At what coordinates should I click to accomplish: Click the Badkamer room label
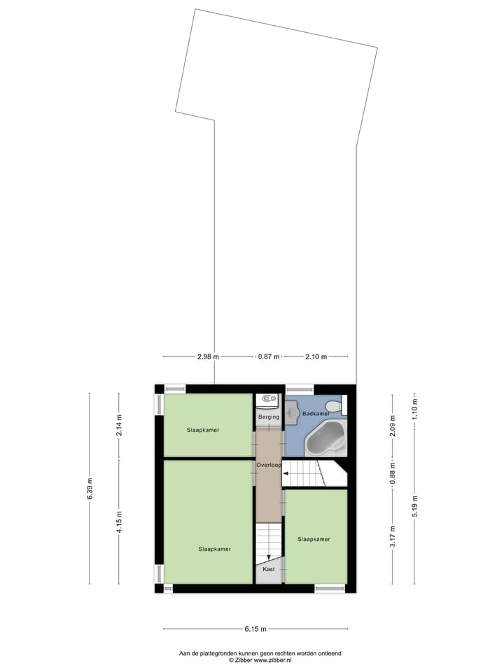(316, 414)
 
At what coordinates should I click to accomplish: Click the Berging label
(268, 417)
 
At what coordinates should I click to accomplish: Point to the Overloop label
(268, 464)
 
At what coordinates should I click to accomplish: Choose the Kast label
(268, 570)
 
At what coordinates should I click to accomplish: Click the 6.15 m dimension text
(255, 629)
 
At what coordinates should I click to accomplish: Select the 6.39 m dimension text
(90, 488)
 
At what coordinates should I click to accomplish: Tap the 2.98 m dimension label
(208, 356)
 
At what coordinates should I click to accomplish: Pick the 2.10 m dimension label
(316, 356)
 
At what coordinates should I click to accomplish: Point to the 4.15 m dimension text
(119, 521)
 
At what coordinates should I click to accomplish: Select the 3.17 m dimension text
(392, 535)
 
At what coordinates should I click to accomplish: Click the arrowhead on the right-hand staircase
(286, 474)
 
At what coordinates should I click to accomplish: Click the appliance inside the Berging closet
(268, 401)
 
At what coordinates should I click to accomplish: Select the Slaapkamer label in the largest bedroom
(214, 549)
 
